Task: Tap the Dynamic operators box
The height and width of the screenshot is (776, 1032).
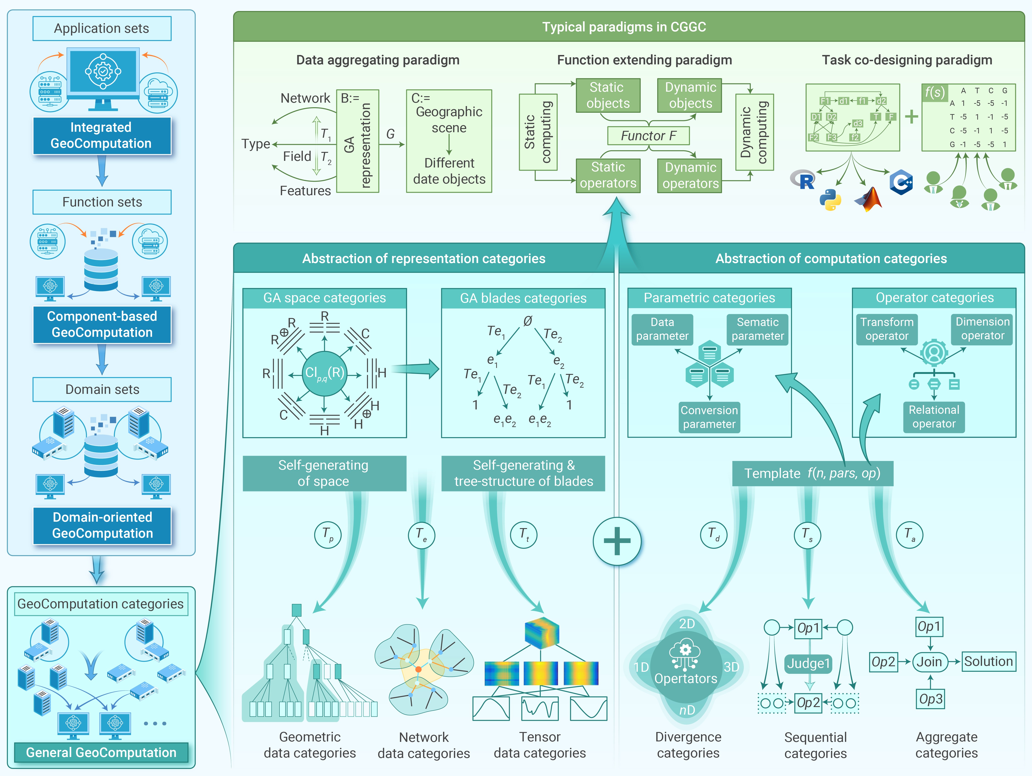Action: [690, 175]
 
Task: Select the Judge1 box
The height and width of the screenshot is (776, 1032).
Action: [808, 663]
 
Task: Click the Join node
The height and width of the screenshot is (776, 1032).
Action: [929, 662]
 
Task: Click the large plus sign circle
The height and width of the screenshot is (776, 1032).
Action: [617, 541]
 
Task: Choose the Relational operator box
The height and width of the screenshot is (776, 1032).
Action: [933, 417]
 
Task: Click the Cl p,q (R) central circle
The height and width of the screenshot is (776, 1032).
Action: [324, 373]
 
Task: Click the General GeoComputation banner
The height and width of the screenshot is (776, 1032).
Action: [101, 752]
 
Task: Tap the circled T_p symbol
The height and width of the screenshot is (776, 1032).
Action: [328, 535]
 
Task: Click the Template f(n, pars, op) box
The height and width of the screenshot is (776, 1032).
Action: [812, 473]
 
